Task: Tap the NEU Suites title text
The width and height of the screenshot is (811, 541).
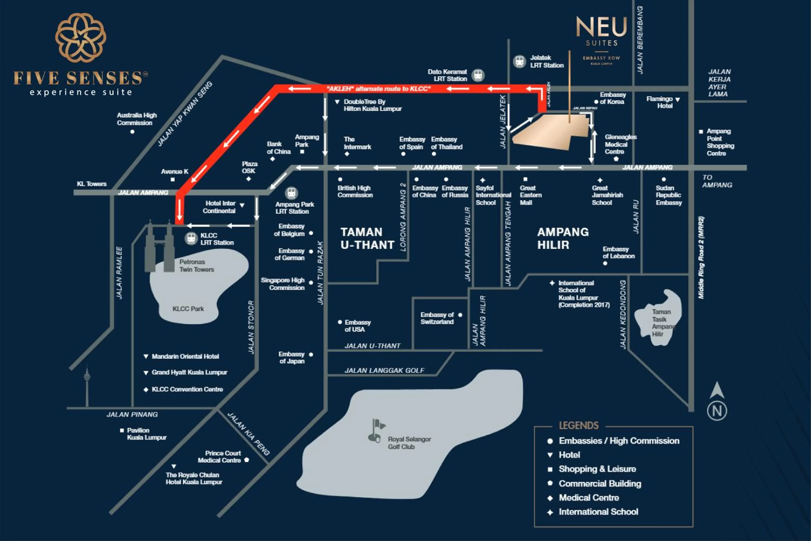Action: (x=601, y=28)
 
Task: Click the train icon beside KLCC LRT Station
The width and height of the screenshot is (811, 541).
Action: (x=191, y=238)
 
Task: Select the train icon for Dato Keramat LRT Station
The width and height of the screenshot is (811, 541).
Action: (x=478, y=75)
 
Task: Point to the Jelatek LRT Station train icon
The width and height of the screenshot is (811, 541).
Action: (x=519, y=61)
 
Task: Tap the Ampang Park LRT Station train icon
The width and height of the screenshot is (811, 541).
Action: (x=291, y=193)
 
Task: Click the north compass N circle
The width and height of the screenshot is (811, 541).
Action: (x=717, y=411)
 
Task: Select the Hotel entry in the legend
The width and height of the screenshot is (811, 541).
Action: (x=569, y=455)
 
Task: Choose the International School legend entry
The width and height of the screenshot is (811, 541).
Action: (x=598, y=512)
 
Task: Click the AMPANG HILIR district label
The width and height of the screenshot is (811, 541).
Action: (x=563, y=238)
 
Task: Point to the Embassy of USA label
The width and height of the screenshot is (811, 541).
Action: (x=357, y=326)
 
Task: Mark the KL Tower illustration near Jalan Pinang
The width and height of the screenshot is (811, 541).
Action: (x=87, y=387)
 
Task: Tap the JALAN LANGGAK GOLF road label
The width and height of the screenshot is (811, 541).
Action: (x=384, y=370)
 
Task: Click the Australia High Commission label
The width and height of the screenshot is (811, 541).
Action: (x=137, y=119)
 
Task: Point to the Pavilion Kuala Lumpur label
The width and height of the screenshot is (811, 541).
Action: (x=146, y=434)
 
